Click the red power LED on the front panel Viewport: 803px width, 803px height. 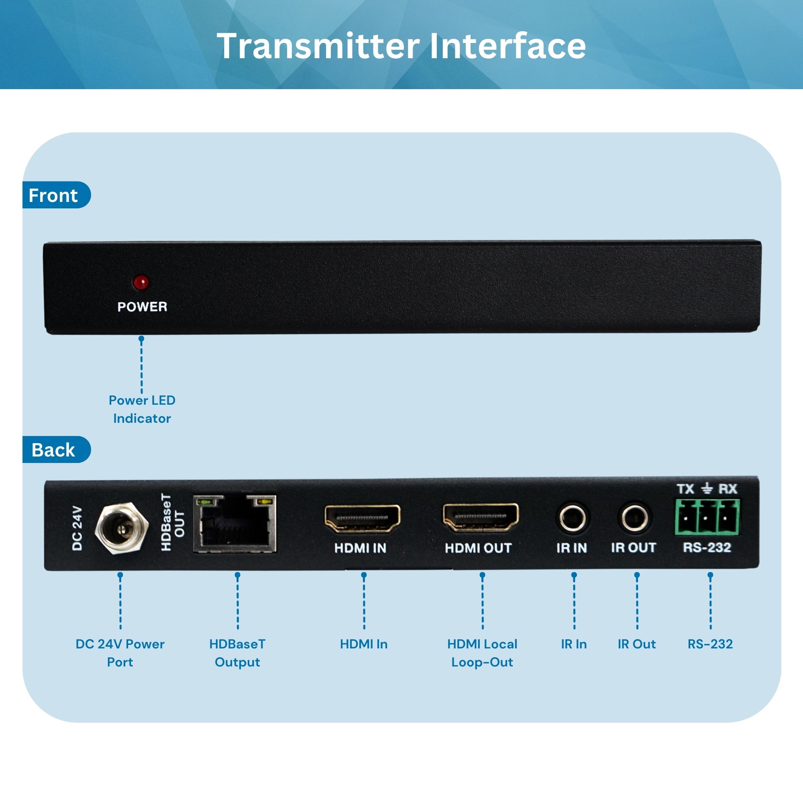click(x=141, y=282)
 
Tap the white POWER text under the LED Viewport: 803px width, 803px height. click(x=142, y=307)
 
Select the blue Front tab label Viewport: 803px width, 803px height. click(x=53, y=196)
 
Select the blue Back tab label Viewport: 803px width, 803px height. click(x=53, y=450)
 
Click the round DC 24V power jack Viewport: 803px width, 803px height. click(x=121, y=528)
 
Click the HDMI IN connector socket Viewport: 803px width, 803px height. click(x=362, y=518)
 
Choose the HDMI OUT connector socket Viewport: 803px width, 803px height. click(x=481, y=517)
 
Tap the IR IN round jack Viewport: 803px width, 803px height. click(x=572, y=518)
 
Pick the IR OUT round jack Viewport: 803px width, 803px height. click(x=634, y=518)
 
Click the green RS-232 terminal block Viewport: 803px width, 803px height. click(x=707, y=518)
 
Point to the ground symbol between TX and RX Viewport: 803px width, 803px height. click(x=707, y=489)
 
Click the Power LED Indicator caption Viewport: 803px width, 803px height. click(x=142, y=409)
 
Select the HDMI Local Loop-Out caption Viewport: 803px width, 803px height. click(x=482, y=653)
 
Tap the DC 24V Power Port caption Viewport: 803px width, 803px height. click(x=120, y=653)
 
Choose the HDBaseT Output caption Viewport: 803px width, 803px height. click(x=237, y=653)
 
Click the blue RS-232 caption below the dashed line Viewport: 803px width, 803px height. click(x=710, y=644)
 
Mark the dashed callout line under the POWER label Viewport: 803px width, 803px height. click(x=142, y=366)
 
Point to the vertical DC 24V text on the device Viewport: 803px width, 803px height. click(x=78, y=528)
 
